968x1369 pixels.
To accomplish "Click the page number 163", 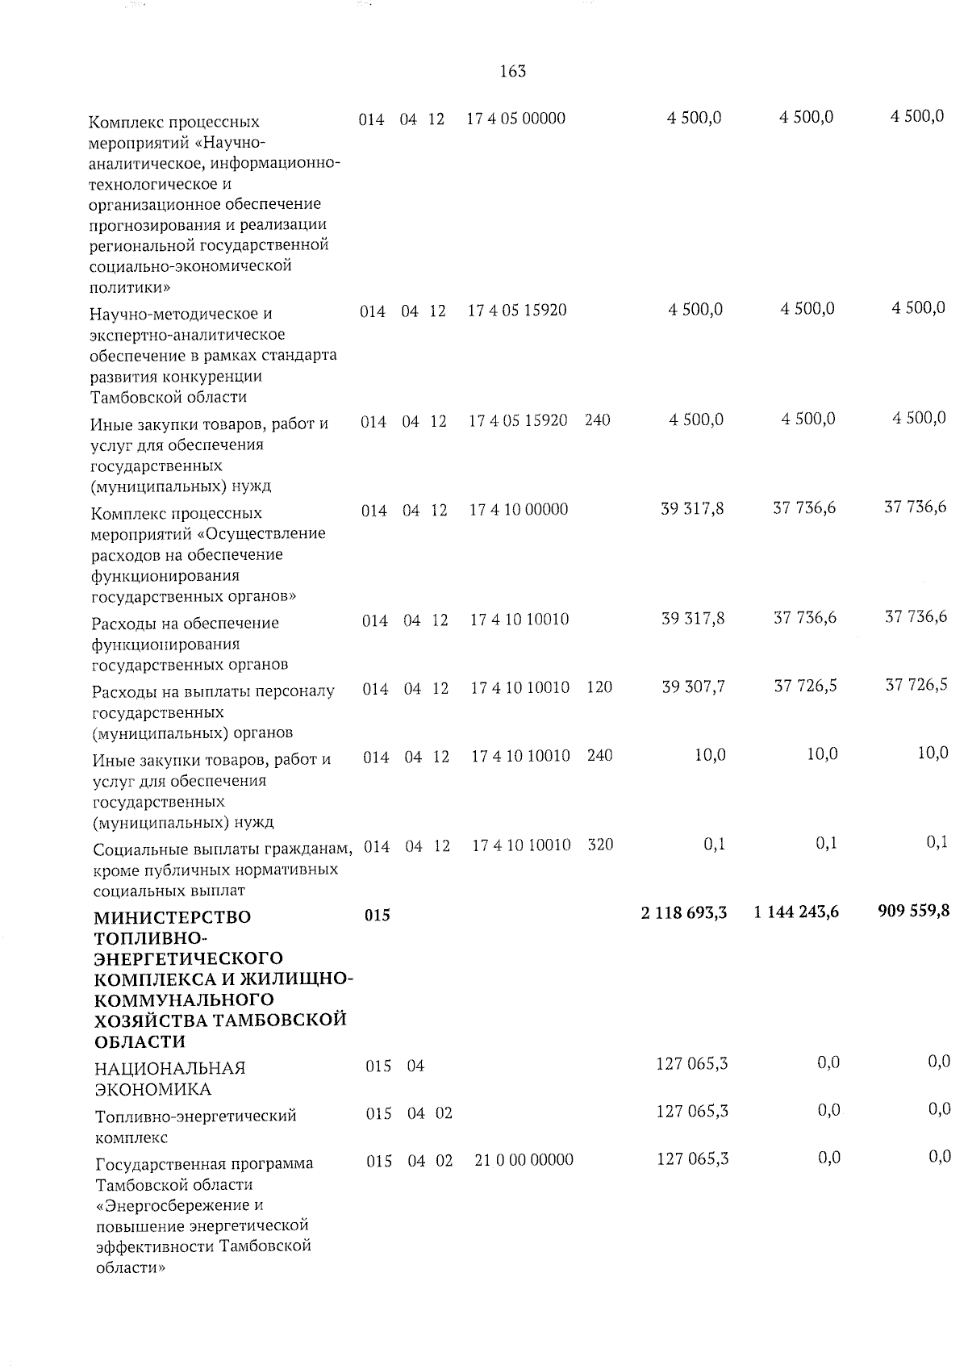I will tap(513, 72).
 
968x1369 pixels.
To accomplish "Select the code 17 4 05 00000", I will tap(516, 119).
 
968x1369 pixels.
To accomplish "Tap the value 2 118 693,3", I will tap(684, 912).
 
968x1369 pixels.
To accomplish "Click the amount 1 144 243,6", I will tap(796, 912).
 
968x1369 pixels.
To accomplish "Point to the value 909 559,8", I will tap(913, 911).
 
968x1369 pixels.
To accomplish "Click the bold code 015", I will tap(378, 915).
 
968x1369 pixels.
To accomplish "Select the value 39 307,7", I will tap(693, 687).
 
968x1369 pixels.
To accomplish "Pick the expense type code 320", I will tap(600, 845).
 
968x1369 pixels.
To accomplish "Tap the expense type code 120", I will tap(599, 687).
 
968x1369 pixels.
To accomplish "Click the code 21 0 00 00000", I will tap(524, 1160).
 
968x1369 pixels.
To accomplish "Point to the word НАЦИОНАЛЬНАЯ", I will tap(170, 1069).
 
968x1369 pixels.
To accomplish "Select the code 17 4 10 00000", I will tap(519, 510).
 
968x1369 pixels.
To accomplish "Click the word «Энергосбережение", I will tap(180, 1206).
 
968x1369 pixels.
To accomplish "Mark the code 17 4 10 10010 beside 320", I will tap(521, 845).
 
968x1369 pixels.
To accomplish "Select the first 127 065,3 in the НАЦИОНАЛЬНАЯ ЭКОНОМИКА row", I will tap(692, 1064).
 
